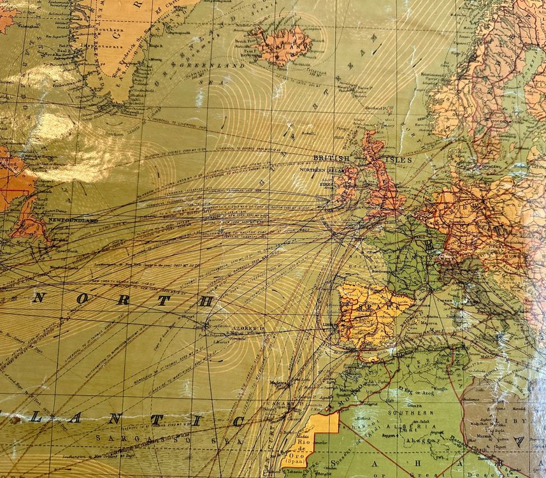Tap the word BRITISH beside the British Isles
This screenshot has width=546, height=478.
(331, 158)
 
